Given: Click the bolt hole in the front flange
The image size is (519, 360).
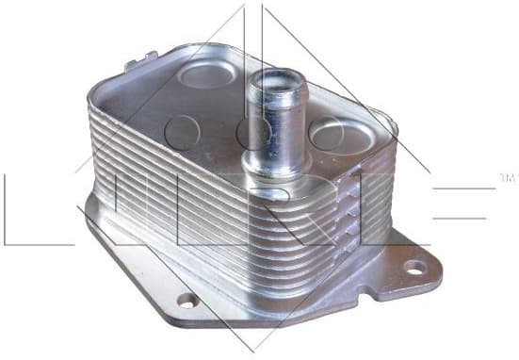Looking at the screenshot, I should [x=188, y=302].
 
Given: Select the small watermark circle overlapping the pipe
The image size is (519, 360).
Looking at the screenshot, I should [x=251, y=131].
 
